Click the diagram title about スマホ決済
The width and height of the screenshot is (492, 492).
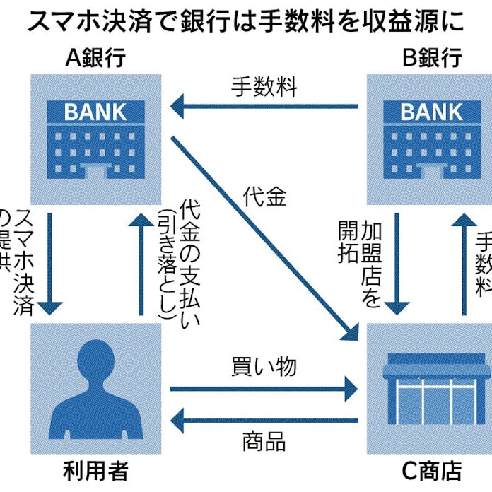[x=246, y=21]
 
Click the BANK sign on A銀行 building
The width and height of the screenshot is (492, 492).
[x=95, y=112]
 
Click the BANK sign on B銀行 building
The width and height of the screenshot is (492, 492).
[x=431, y=112]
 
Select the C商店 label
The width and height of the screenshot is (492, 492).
[x=430, y=470]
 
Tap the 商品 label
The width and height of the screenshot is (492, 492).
[x=264, y=443]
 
